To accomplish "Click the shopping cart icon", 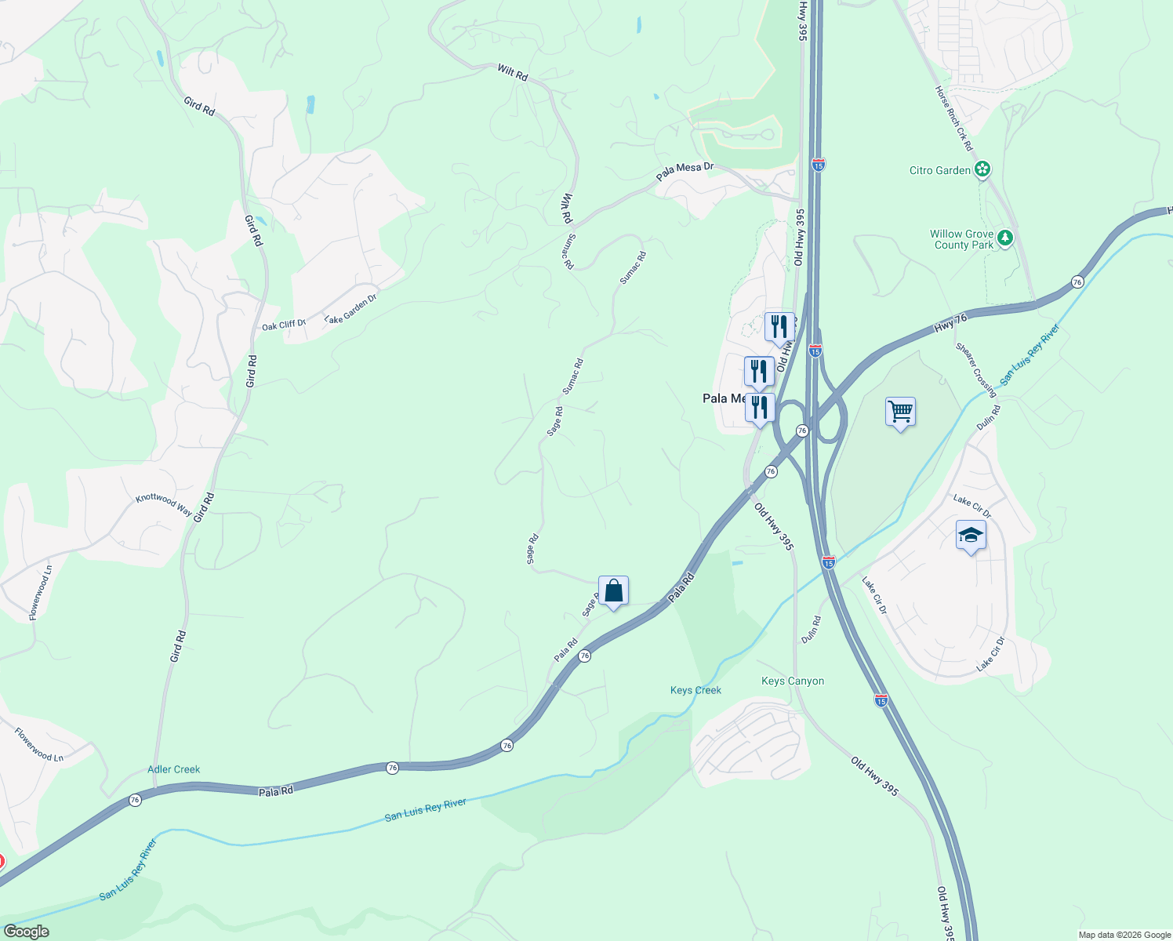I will point(900,411).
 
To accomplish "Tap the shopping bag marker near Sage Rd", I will point(613,590).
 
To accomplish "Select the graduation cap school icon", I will point(971,536).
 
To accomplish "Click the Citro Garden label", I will point(940,170).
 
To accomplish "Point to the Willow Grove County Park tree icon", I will point(1005,236).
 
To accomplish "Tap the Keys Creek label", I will point(695,690).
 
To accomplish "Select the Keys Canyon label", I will point(793,681).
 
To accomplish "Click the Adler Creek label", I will point(174,769).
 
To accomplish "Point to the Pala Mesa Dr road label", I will point(685,171).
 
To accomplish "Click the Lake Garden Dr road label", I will point(350,308).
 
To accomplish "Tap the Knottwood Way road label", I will point(163,504).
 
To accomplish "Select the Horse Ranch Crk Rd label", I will point(953,118).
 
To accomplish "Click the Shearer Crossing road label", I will point(975,369).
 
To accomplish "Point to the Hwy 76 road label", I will point(950,322).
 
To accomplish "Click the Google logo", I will point(26,932).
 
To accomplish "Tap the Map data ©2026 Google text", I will point(1124,935).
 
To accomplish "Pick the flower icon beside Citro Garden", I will point(983,169).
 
